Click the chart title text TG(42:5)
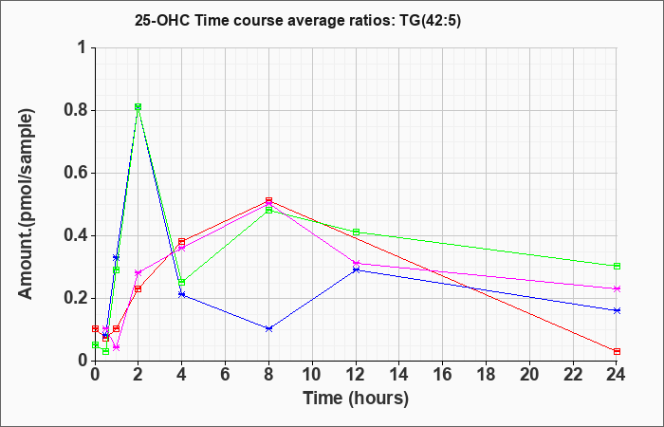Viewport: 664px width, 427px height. click(431, 20)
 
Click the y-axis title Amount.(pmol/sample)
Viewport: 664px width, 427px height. click(27, 204)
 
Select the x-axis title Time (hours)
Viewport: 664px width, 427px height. click(356, 399)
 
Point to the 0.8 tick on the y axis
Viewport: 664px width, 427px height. click(75, 111)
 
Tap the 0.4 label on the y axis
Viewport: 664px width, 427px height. click(75, 236)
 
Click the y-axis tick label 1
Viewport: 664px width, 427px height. click(83, 47)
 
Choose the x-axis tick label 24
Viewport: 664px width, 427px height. click(617, 375)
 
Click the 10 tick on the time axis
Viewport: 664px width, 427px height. click(312, 375)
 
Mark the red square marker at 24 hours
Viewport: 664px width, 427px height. click(617, 352)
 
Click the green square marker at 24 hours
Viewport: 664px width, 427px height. click(617, 266)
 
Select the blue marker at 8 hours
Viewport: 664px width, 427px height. click(268, 328)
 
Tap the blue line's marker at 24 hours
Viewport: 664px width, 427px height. click(617, 310)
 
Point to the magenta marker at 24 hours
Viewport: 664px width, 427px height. click(617, 288)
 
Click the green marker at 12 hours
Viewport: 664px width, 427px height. click(356, 232)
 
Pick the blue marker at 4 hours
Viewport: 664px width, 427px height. click(182, 294)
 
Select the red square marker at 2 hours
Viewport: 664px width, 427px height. click(138, 288)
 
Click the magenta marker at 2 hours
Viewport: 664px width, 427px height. click(138, 273)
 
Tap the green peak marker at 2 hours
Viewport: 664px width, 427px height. click(138, 106)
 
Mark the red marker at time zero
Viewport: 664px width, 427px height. click(95, 328)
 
